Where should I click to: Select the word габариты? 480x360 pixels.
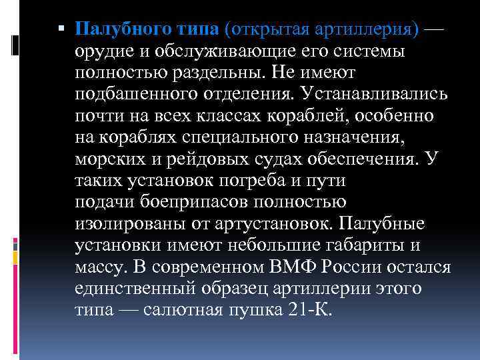point(371,245)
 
